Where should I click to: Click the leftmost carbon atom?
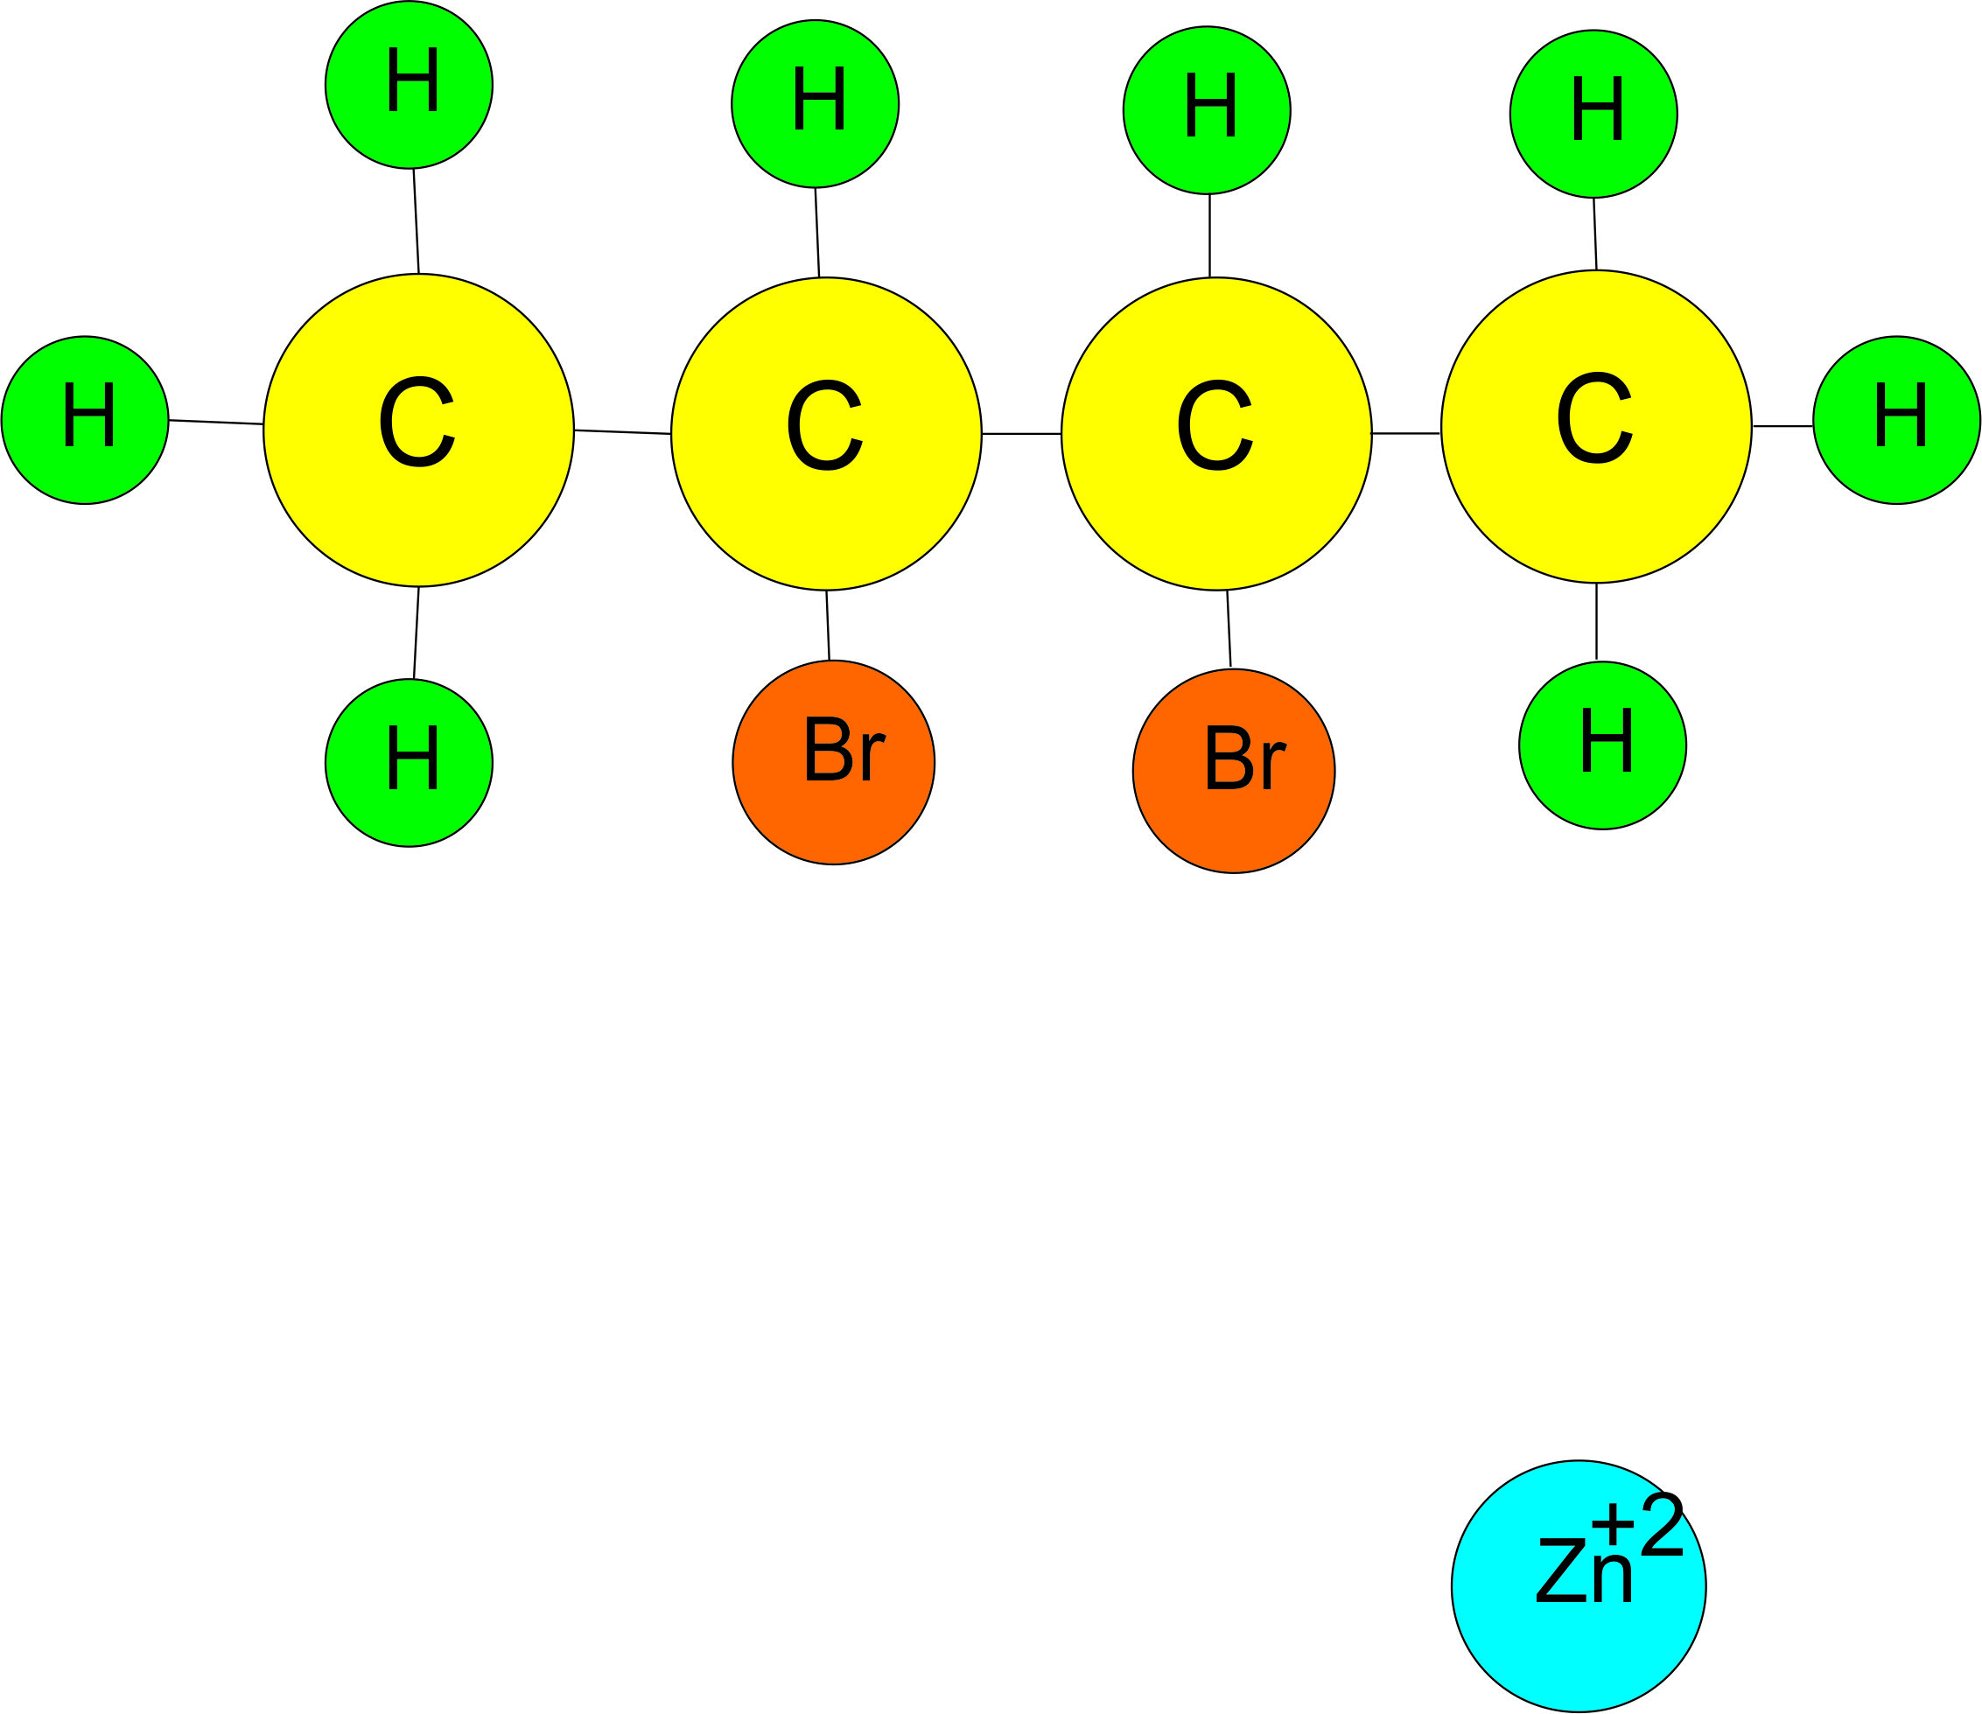click(418, 430)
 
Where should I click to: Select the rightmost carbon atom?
click(1595, 427)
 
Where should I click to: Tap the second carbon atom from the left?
click(825, 433)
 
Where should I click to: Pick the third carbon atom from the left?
click(1215, 433)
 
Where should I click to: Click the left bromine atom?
click(833, 762)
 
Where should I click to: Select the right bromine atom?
click(1233, 770)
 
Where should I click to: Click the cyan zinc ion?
click(1579, 1586)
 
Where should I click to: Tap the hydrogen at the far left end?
click(85, 420)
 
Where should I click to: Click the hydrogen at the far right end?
click(1896, 420)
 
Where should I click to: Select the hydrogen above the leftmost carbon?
click(409, 85)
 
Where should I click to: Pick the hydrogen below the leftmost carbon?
click(409, 762)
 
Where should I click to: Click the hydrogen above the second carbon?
click(815, 103)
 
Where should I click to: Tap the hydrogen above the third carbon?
click(1206, 110)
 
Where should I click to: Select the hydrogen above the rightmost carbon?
click(1593, 114)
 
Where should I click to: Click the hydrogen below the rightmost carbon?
click(1602, 745)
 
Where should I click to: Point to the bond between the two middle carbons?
click(1020, 434)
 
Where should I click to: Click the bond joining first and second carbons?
click(622, 432)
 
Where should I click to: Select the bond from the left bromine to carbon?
click(828, 626)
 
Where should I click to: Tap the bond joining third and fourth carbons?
click(1405, 433)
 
